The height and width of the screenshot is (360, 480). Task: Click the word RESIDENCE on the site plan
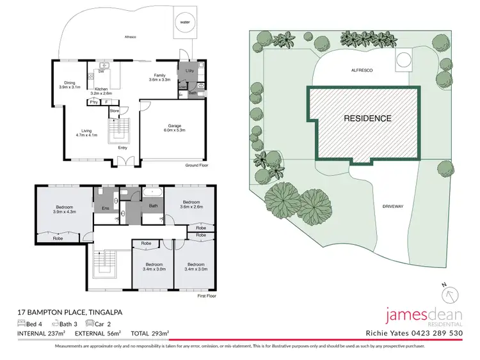click(x=367, y=118)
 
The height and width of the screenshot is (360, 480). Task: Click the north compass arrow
click(x=452, y=294)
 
